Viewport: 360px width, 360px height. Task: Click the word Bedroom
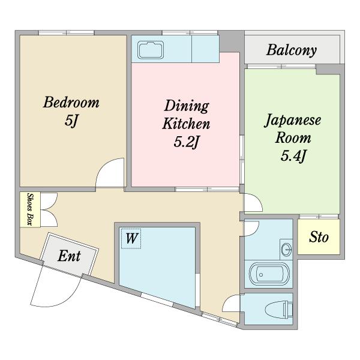click(71, 102)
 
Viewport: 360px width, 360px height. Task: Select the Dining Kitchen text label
click(187, 116)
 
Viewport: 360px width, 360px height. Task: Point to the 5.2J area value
click(187, 143)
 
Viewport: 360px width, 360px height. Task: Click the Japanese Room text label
click(293, 128)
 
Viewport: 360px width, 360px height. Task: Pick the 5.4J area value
click(293, 157)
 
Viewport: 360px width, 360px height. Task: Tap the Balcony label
click(292, 50)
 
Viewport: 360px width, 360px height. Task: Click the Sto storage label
click(319, 238)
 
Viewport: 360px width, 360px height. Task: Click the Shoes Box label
click(28, 209)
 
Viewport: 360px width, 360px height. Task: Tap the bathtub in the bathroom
click(269, 275)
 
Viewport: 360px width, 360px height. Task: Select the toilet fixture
click(280, 310)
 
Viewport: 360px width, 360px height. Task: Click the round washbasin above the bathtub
click(286, 248)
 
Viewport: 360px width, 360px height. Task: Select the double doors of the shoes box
click(48, 208)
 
